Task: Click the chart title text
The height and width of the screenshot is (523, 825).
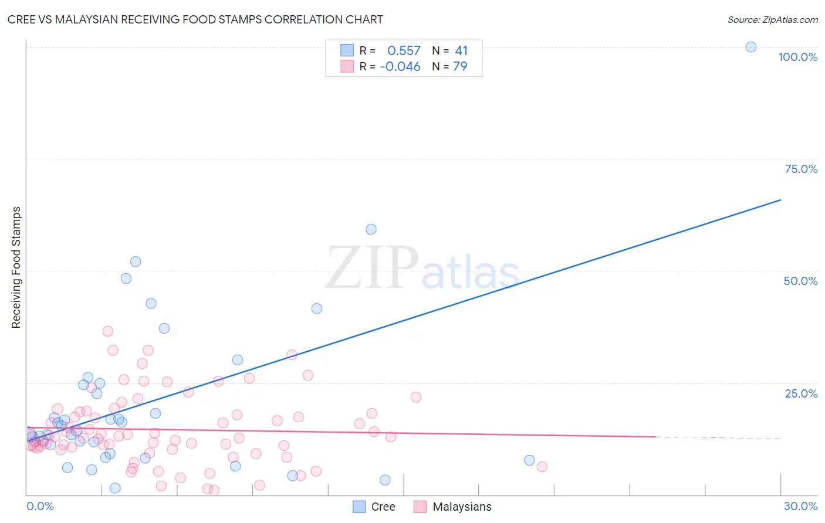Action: pos(195,19)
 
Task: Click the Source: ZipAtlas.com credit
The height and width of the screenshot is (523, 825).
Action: pos(772,19)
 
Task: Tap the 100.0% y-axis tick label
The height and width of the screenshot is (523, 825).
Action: pos(797,57)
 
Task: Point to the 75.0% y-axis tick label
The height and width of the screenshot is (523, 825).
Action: pos(801,169)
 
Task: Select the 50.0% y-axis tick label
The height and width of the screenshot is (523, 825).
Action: pos(800,281)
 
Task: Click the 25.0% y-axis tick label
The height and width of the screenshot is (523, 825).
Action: pos(801,393)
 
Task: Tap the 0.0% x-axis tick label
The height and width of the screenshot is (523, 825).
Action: pos(40,506)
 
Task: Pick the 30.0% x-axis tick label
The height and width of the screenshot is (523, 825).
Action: pos(800,506)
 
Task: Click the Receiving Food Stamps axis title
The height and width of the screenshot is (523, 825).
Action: pos(16,267)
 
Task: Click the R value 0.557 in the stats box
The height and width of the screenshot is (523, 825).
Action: pos(404,51)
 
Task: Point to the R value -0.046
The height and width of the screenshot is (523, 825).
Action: pos(400,67)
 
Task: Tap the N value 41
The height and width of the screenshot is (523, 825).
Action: pos(461,51)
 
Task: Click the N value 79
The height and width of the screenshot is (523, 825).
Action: pos(460,67)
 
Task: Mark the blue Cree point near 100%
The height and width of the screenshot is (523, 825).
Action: pos(750,47)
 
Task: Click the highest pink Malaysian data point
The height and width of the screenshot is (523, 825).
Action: pos(107,331)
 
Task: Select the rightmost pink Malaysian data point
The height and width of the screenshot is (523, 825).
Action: pos(542,467)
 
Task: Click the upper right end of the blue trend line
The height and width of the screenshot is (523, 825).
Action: pos(780,200)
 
